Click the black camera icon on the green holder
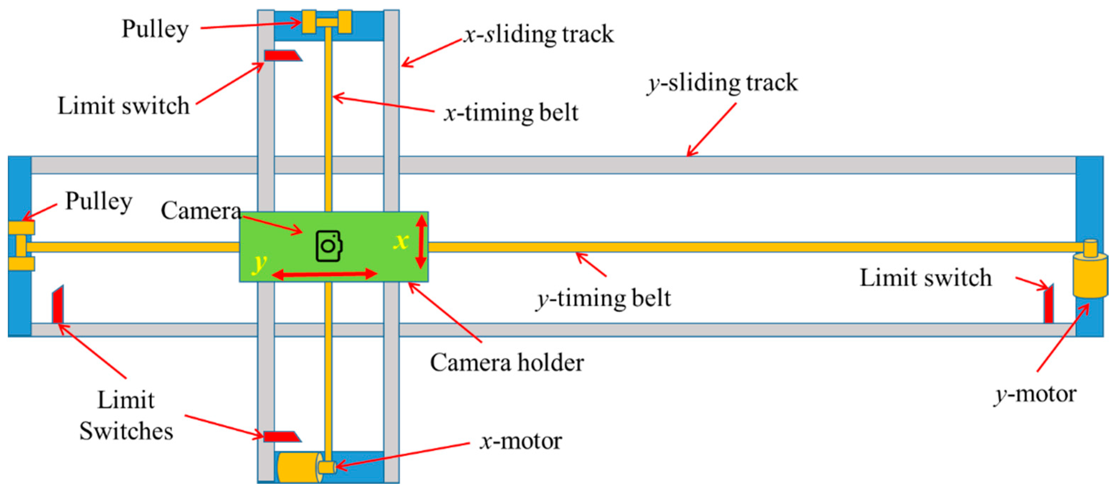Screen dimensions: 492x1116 point(329,246)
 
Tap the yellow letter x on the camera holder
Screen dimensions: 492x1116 point(401,241)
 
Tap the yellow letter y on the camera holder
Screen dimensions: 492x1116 point(259,263)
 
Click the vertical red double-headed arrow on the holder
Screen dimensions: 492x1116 point(421,242)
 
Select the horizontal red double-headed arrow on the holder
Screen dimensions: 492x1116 point(325,274)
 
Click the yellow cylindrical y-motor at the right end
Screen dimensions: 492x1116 point(1089,275)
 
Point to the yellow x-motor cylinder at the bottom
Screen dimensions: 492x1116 point(299,467)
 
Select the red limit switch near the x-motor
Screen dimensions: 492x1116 point(281,436)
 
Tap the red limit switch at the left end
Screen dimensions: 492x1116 point(58,305)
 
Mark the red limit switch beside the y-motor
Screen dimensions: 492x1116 point(1049,304)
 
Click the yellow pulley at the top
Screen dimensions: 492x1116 point(327,22)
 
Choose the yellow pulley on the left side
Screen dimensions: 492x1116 point(21,245)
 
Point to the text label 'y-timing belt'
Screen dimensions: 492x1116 point(604,298)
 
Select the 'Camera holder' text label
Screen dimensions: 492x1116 point(506,362)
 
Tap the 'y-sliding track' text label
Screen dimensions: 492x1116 point(722,82)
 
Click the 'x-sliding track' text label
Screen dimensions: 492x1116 point(539,34)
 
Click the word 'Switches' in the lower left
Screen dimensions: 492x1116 point(126,431)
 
